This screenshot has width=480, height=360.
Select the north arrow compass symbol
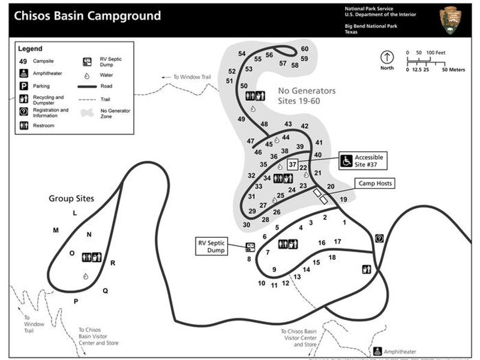point(387,58)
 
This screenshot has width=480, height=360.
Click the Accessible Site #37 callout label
point(368,160)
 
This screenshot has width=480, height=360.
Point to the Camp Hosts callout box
point(376,183)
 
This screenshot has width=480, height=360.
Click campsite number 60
point(305,49)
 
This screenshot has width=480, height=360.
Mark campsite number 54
point(242,53)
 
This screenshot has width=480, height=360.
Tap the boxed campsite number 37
point(292,164)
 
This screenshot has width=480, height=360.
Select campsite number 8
point(248,259)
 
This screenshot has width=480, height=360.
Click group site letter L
point(75,213)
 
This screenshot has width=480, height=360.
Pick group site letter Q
point(105,291)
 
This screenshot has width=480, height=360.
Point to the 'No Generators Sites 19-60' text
point(307,97)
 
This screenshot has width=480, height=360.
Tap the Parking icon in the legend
point(23,86)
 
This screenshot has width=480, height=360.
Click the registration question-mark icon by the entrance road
point(379,238)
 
